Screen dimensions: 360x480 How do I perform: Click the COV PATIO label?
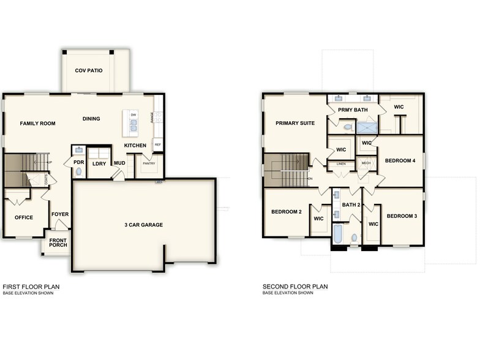(89, 71)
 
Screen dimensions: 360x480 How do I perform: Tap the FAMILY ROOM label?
(37, 124)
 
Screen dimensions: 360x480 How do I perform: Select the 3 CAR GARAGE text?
(143, 225)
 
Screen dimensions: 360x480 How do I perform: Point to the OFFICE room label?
(24, 217)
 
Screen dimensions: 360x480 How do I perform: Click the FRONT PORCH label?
(58, 242)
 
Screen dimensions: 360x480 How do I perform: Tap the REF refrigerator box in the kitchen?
(157, 145)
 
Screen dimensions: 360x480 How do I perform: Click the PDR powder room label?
(78, 163)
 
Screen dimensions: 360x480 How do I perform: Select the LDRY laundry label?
(99, 163)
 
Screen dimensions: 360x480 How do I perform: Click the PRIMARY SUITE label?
(294, 123)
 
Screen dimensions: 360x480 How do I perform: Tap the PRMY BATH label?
(353, 110)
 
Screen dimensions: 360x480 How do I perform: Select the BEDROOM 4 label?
(400, 161)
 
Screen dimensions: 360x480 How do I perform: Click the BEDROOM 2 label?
(287, 212)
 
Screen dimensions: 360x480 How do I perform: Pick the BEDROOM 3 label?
(402, 216)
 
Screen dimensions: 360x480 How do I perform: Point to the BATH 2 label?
(351, 205)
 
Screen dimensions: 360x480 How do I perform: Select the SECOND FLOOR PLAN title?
(295, 287)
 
